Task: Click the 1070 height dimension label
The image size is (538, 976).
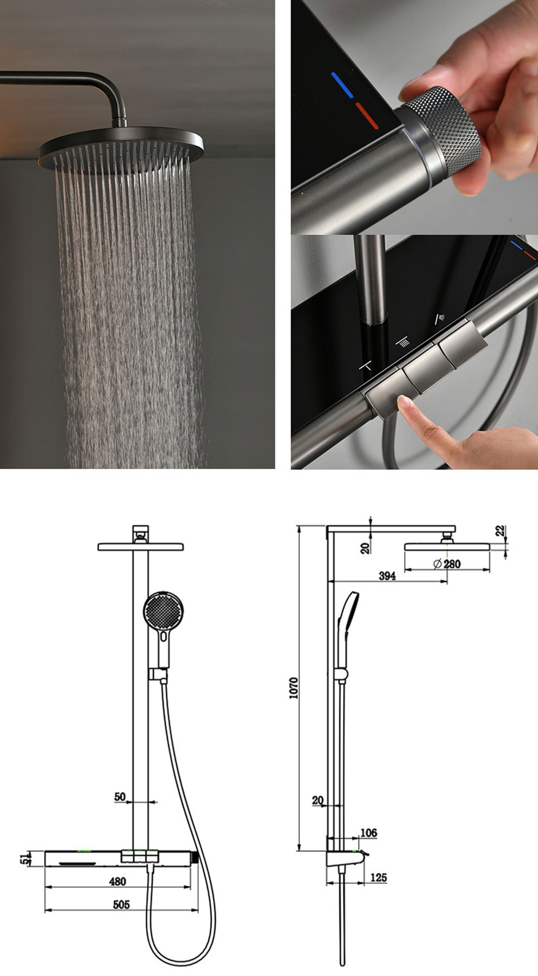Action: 294,688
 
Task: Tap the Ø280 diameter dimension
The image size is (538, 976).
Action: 447,564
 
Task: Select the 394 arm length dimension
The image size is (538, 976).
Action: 387,576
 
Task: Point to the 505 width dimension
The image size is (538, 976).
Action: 121,904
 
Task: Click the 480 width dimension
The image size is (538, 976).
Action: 117,881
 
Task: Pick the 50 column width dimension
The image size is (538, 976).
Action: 120,797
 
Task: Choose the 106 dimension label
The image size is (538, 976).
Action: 368,833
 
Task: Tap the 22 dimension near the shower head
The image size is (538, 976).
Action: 500,531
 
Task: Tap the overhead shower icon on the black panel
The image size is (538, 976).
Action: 403,342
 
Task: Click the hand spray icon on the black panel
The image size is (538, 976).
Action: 439,319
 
